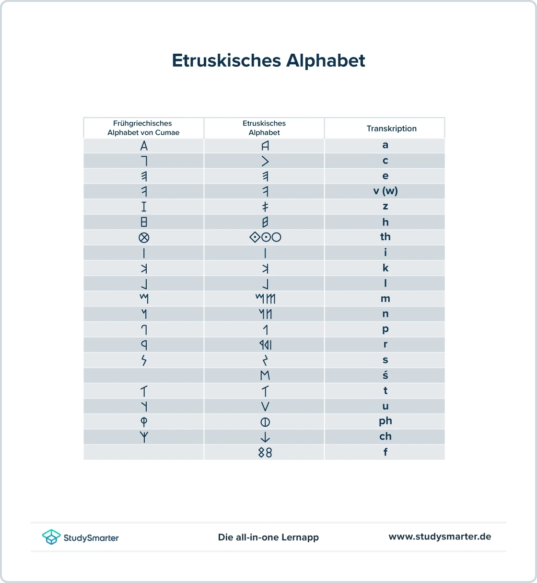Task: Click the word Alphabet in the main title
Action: coord(326,61)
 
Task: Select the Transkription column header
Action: coord(391,128)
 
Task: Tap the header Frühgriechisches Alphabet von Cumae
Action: coord(143,128)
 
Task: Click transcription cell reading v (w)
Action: coord(385,191)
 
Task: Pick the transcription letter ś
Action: coord(385,375)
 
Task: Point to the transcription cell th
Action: coord(385,237)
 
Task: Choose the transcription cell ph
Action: coord(385,421)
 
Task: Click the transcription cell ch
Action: coord(385,436)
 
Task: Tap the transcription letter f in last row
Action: coord(385,452)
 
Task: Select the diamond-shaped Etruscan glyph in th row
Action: coord(255,237)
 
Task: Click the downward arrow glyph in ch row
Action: coord(265,437)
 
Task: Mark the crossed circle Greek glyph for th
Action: coord(144,237)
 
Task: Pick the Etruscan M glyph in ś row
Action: coord(265,375)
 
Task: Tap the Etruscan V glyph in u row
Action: coord(265,406)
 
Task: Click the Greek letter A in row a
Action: coord(144,145)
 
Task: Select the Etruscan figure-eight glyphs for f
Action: coord(265,452)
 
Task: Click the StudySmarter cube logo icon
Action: coord(51,537)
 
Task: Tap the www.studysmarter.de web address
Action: coord(440,536)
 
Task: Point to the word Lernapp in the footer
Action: coord(300,537)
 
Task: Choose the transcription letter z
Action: coord(385,206)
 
